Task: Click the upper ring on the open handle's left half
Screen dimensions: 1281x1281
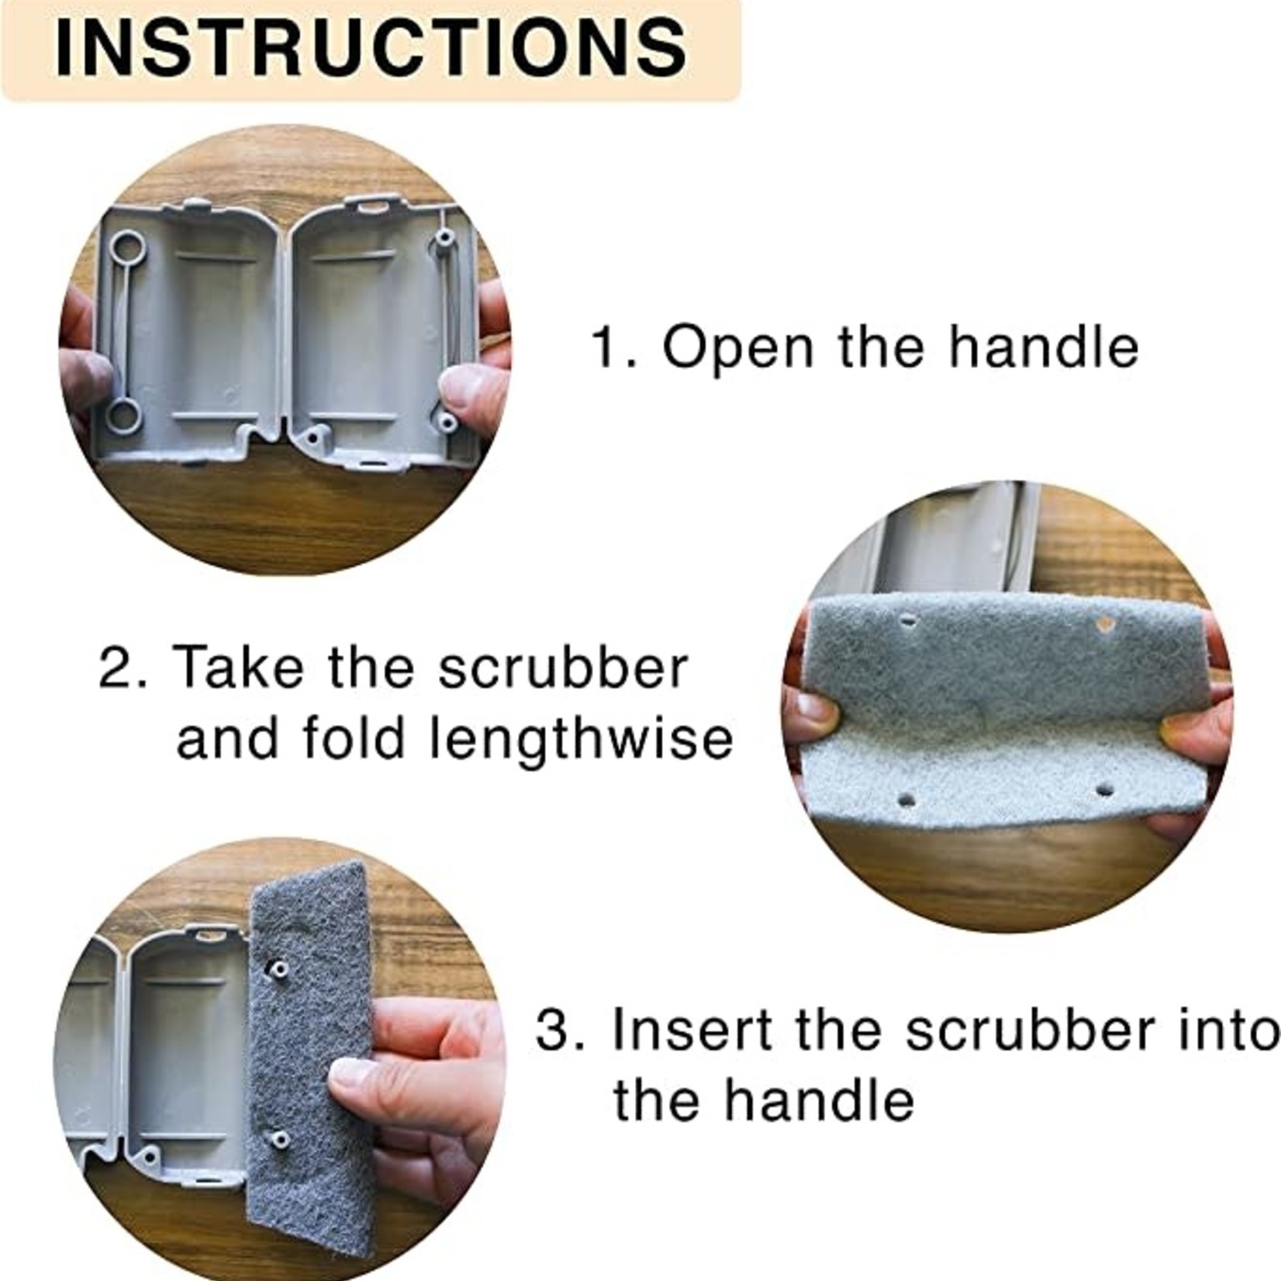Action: [126, 250]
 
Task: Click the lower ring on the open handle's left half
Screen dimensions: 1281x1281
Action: [124, 414]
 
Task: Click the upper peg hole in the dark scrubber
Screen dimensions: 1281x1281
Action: [277, 969]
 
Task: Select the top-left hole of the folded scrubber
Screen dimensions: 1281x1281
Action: [910, 621]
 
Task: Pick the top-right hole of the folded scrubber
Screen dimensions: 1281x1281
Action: [1104, 623]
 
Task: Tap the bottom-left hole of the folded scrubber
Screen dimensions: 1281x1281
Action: [907, 799]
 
